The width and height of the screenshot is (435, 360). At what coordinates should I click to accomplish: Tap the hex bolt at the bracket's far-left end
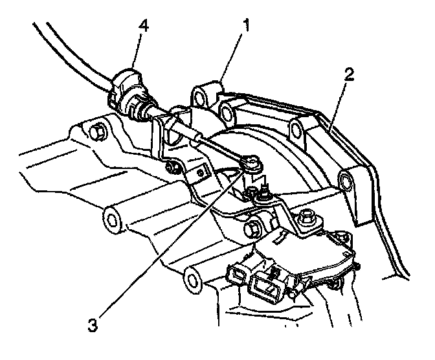pos(97,133)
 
